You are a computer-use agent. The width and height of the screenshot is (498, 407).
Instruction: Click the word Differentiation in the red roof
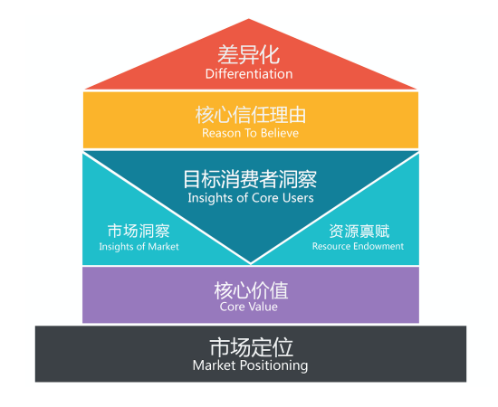click(249, 74)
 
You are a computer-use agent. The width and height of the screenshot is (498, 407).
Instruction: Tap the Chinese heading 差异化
click(249, 55)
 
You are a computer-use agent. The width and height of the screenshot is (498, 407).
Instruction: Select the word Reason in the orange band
click(222, 133)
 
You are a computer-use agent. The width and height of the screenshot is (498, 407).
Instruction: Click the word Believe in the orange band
click(280, 133)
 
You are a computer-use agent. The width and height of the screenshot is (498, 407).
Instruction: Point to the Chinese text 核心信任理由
click(251, 115)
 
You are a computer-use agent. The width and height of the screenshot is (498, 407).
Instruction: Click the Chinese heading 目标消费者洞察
click(250, 179)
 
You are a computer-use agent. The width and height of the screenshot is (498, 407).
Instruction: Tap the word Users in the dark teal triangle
click(298, 198)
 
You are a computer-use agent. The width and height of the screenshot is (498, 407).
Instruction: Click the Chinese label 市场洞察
click(139, 231)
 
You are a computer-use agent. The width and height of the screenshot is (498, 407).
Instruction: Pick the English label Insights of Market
click(139, 247)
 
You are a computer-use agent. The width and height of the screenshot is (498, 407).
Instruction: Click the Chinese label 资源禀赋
click(359, 231)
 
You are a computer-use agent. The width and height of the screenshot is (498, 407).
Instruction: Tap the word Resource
click(331, 246)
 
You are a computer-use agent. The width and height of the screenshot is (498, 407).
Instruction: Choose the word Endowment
click(378, 246)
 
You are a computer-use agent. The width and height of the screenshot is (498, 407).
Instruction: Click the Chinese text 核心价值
click(251, 290)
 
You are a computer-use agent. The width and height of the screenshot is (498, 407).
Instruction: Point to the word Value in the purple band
click(263, 307)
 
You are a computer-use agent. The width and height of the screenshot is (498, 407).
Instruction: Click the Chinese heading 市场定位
click(251, 347)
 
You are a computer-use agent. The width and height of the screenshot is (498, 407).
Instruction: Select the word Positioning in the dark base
click(273, 365)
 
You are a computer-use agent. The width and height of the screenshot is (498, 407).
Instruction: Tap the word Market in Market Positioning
click(215, 365)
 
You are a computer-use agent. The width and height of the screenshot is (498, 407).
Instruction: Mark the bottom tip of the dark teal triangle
click(251, 263)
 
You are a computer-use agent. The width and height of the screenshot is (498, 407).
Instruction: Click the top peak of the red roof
click(249, 19)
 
